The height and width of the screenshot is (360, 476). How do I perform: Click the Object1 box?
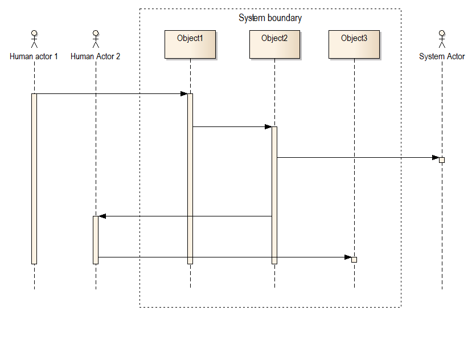point(190,44)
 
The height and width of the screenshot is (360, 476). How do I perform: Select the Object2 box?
point(274,44)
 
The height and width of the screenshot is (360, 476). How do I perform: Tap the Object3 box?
point(354,44)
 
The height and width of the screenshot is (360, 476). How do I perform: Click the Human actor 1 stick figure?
point(34,39)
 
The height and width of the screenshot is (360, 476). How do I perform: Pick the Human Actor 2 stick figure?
point(96,39)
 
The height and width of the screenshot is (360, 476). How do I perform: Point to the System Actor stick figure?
point(442,39)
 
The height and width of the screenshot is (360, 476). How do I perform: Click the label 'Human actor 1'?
point(34,56)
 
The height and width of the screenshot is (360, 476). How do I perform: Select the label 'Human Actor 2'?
point(96,56)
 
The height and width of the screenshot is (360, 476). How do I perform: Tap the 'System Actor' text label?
point(442,56)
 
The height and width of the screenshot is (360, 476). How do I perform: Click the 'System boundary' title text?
point(270,18)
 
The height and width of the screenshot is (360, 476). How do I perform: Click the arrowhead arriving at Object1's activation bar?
point(184,94)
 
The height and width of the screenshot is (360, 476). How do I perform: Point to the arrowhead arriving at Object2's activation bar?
point(268,127)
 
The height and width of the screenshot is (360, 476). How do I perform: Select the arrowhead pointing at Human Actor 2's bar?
point(102,216)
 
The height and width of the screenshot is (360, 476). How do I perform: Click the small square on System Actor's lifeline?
point(442,160)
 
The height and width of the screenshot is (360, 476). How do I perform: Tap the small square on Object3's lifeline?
point(354,260)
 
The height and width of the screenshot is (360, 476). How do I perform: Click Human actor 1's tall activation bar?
point(34,178)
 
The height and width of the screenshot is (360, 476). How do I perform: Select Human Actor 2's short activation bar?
point(96,239)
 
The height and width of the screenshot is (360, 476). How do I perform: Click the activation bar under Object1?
point(190,178)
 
